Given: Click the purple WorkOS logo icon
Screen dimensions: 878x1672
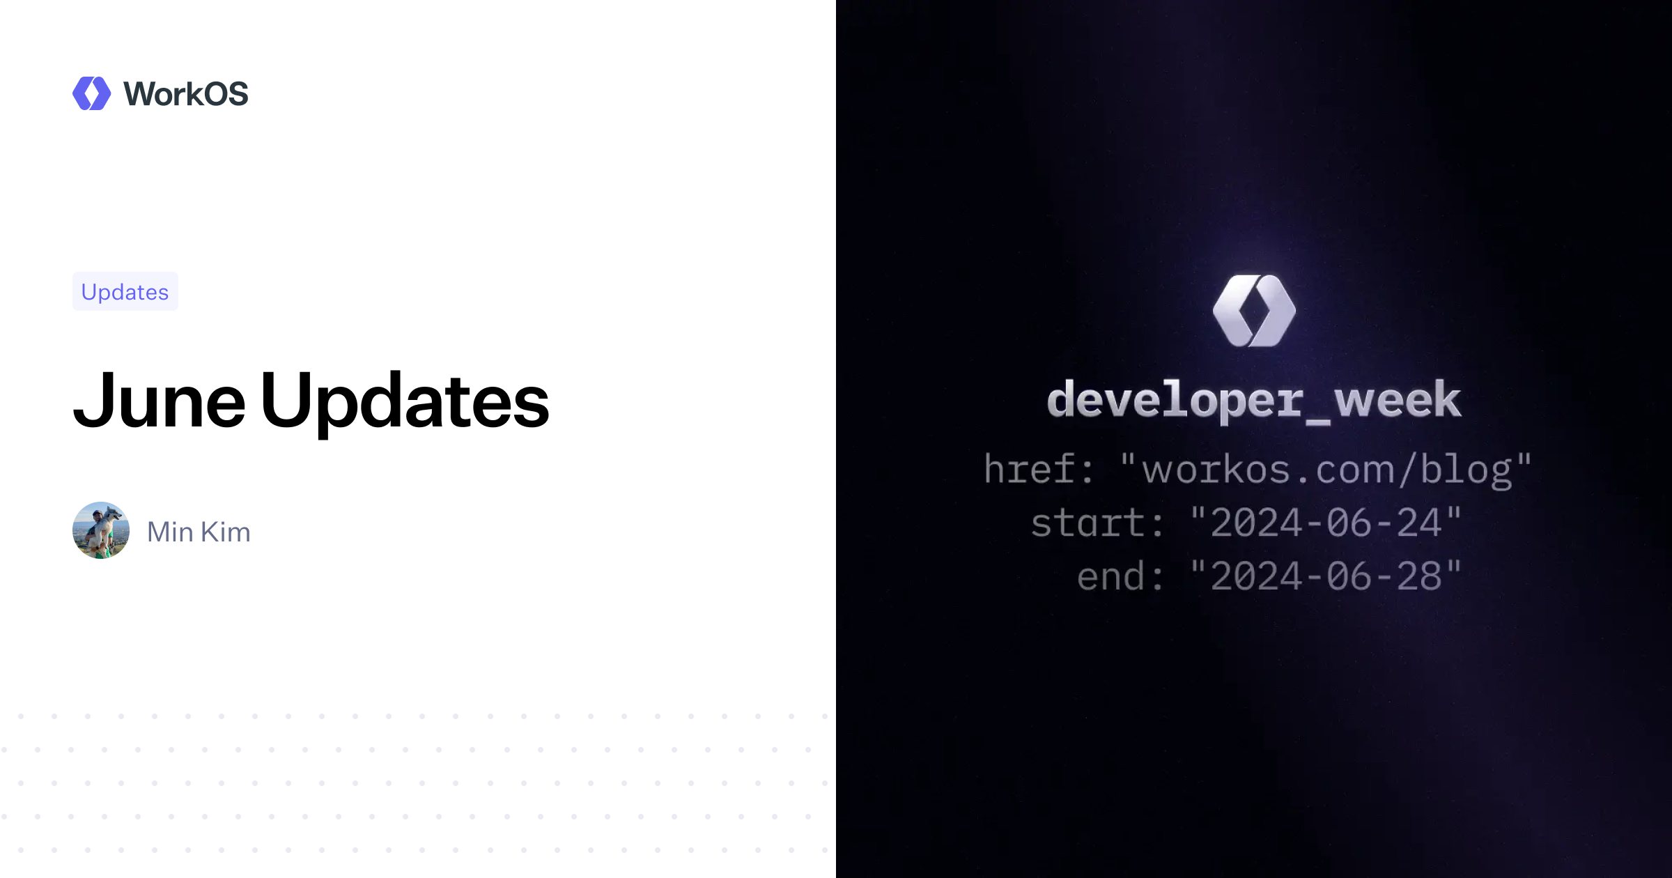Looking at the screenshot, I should [x=91, y=93].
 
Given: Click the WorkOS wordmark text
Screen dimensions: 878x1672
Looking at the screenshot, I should [x=185, y=94].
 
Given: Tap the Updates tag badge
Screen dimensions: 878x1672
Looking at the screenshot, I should [x=125, y=291].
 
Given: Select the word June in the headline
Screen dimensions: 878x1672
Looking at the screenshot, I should [x=160, y=401].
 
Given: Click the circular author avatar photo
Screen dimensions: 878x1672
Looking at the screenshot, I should [x=101, y=530].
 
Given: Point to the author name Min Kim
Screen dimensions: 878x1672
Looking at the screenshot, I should [x=199, y=532].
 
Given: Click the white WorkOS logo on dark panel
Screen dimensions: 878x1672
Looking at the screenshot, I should [x=1254, y=311].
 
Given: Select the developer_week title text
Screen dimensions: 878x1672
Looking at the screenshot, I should [x=1254, y=401].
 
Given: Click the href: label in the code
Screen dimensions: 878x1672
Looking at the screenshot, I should [x=1038, y=468].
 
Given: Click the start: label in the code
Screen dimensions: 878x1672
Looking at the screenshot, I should [x=1097, y=523].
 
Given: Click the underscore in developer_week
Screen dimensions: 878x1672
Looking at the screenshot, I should [x=1318, y=418].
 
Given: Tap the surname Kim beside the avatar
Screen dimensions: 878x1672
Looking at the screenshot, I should [x=226, y=532].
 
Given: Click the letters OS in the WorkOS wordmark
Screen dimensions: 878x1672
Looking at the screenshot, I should [x=226, y=94].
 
